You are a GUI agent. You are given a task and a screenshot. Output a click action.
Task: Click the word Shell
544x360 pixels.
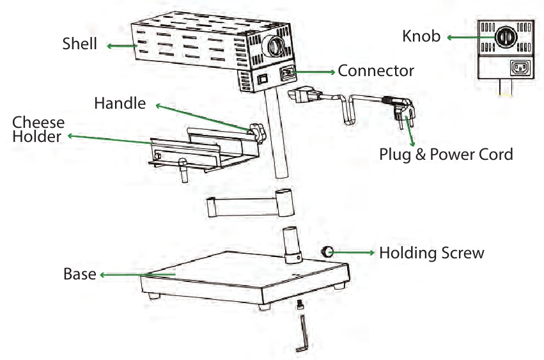[x=80, y=44]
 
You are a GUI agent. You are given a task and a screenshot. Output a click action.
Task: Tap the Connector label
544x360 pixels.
[x=376, y=70]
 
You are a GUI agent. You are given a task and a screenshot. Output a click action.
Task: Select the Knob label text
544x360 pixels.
[x=421, y=36]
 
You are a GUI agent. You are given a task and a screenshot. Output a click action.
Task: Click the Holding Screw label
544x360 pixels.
[x=431, y=253]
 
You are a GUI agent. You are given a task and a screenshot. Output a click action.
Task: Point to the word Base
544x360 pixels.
[x=79, y=274]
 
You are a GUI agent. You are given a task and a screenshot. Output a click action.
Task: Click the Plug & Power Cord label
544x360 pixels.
[x=446, y=154]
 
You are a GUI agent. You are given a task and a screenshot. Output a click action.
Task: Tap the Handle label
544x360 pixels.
[x=120, y=103]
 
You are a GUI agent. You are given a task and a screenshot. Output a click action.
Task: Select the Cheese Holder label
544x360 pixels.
[x=38, y=129]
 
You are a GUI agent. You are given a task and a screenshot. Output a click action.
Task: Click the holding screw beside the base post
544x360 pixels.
[x=328, y=252]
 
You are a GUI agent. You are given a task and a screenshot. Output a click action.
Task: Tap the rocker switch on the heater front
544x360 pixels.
[x=261, y=80]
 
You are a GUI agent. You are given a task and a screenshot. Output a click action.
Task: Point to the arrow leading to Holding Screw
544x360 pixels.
[x=355, y=253]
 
